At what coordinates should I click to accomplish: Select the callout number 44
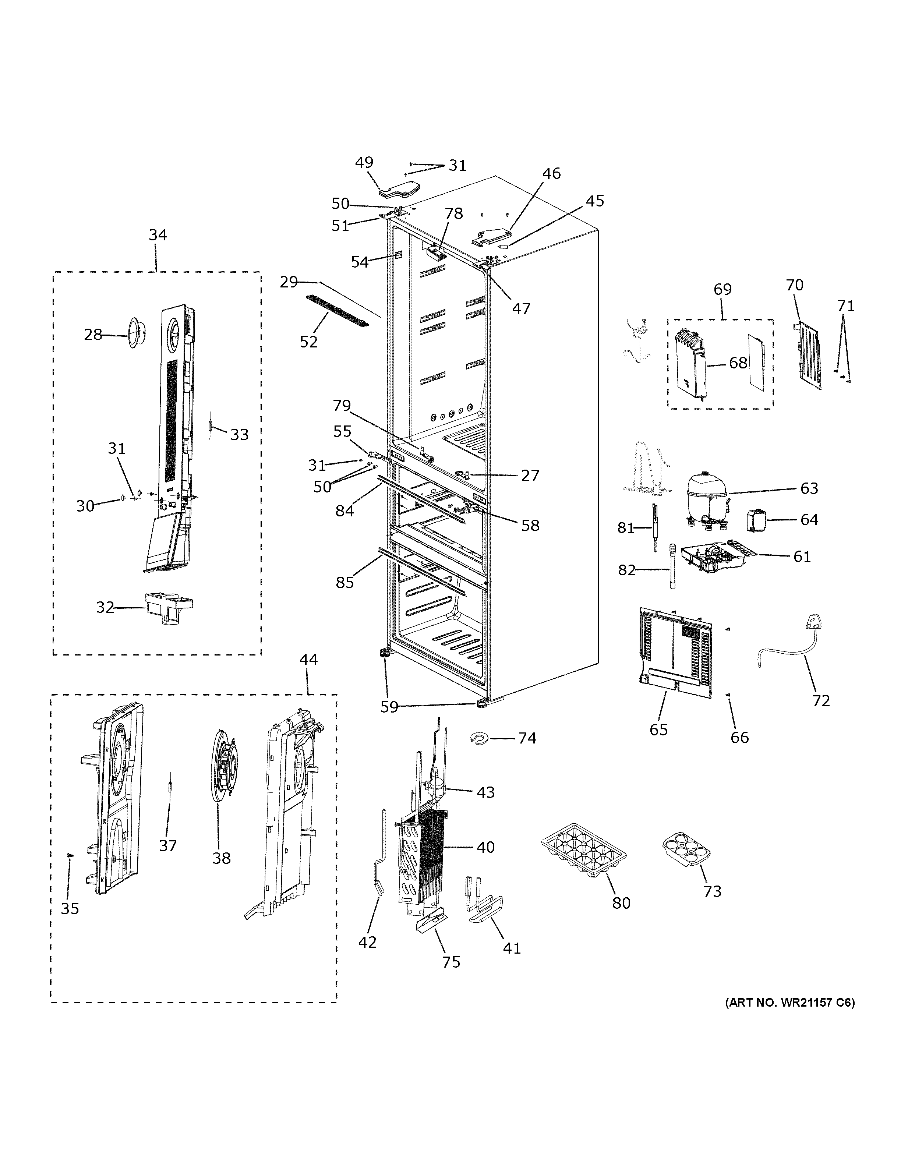click(x=308, y=660)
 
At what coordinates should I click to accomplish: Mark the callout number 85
click(x=345, y=582)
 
